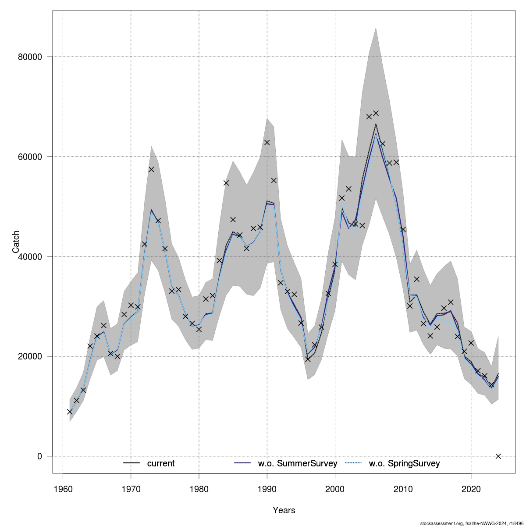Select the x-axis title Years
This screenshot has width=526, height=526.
[284, 510]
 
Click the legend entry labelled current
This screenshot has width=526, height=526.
[160, 464]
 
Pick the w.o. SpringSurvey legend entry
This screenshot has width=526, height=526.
[404, 464]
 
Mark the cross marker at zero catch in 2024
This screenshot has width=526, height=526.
[498, 456]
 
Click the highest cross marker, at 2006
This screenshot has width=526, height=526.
[376, 114]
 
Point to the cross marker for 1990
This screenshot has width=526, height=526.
[267, 142]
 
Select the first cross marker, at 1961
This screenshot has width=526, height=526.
[70, 412]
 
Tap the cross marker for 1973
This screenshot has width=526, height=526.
[151, 169]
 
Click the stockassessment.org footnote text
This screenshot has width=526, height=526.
[472, 523]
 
